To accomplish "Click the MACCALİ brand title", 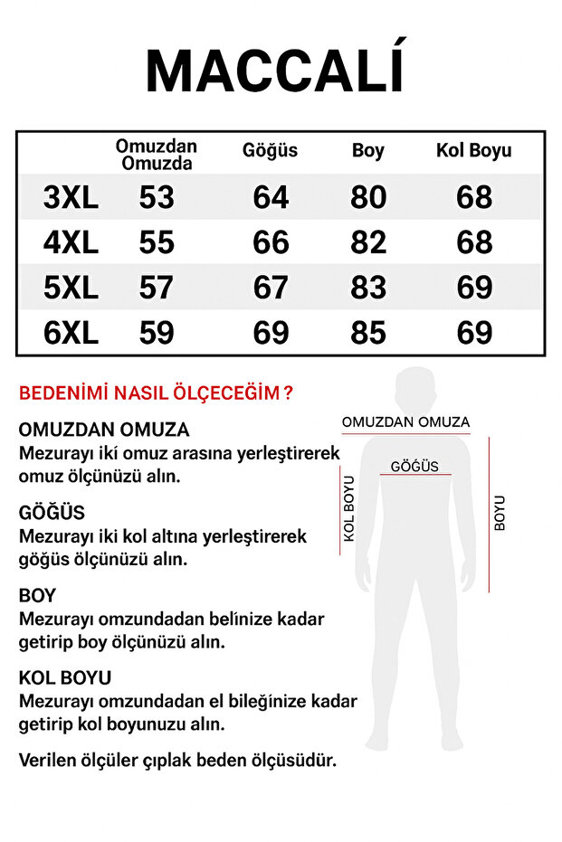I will pyautogui.click(x=276, y=70).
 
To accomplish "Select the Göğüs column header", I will pyautogui.click(x=270, y=151).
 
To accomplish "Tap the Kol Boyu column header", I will pyautogui.click(x=473, y=151).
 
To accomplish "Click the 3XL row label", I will pyautogui.click(x=71, y=198).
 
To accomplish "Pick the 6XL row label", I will pyautogui.click(x=71, y=333).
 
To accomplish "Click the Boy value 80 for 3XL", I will pyautogui.click(x=367, y=198).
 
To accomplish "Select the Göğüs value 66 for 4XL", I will pyautogui.click(x=271, y=242).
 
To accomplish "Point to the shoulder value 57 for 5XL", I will pyautogui.click(x=156, y=288).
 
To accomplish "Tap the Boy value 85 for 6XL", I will pyautogui.click(x=367, y=333).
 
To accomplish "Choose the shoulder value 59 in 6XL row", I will pyautogui.click(x=156, y=333).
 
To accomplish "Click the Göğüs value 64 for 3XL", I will pyautogui.click(x=271, y=198).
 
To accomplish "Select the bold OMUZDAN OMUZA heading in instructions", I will pyautogui.click(x=104, y=430).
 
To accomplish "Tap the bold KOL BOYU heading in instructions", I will pyautogui.click(x=65, y=677).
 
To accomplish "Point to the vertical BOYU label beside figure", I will pyautogui.click(x=500, y=513).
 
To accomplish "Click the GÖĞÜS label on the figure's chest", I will pyautogui.click(x=414, y=467).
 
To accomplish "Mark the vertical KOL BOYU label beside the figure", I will pyautogui.click(x=348, y=508).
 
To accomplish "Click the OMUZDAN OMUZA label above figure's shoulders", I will pyautogui.click(x=405, y=422).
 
